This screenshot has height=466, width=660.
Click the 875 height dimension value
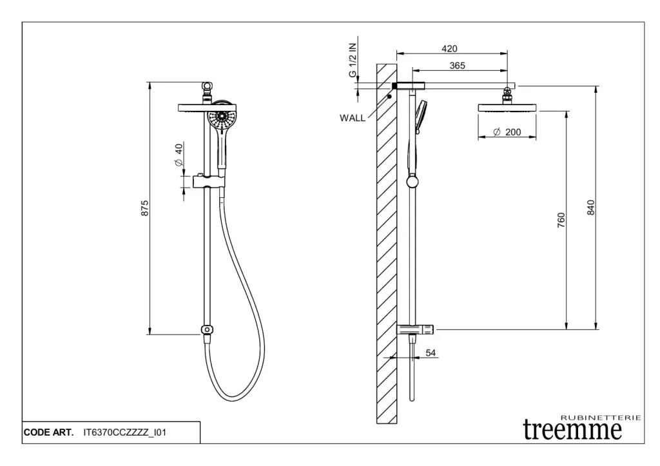[x=145, y=208]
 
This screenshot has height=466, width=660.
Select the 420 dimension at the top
[x=450, y=48]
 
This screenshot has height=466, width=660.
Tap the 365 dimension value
[x=458, y=65]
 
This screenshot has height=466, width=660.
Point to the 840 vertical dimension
[x=590, y=208]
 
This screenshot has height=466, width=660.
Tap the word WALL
[x=352, y=118]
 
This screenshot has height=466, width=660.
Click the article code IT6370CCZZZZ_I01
[x=125, y=432]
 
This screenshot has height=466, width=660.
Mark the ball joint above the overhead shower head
[x=508, y=92]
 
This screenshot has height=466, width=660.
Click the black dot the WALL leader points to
[x=390, y=97]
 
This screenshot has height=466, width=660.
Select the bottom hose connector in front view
[x=206, y=330]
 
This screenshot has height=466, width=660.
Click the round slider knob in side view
[x=412, y=182]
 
